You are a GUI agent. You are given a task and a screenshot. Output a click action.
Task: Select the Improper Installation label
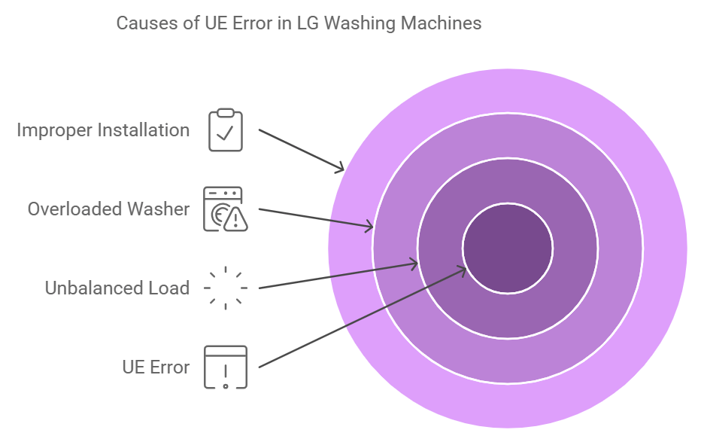point(103,130)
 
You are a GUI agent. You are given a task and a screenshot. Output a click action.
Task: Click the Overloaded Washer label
point(108,209)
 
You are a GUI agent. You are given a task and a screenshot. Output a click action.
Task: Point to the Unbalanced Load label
point(117,288)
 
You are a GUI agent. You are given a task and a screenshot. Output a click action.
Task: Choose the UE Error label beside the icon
point(156,367)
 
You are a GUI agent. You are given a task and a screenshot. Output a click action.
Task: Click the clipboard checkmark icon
point(226,130)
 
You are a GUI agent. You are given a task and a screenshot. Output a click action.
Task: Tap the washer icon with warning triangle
point(225,209)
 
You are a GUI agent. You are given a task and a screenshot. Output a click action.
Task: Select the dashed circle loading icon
point(226,288)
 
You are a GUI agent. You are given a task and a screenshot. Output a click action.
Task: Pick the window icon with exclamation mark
point(226,367)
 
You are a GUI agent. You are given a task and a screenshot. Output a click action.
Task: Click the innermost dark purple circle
point(508,248)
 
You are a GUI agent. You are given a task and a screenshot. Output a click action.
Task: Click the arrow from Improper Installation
point(301,150)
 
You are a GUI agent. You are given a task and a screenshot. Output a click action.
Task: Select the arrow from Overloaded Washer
point(316,217)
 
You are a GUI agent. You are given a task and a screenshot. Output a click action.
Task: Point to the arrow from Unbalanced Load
point(338,275)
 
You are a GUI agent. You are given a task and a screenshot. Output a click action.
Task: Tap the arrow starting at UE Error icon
point(361,318)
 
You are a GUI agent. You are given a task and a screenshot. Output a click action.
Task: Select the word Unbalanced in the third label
point(90,288)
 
